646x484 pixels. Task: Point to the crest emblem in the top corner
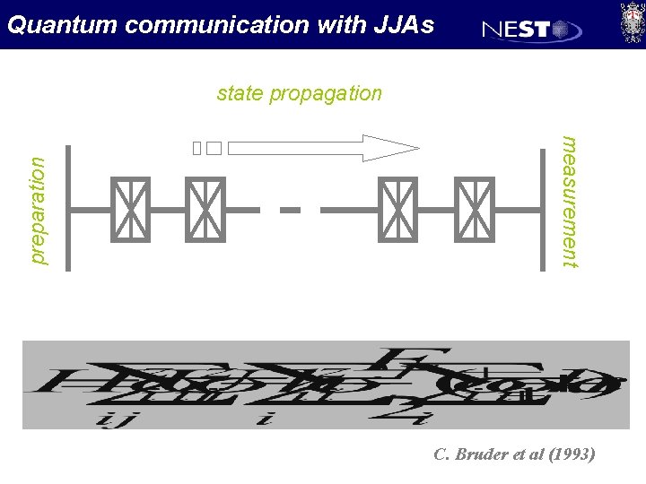(631, 22)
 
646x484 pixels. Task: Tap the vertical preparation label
(37, 210)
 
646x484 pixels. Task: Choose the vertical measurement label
(569, 201)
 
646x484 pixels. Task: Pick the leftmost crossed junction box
(130, 210)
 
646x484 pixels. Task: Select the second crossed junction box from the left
(205, 210)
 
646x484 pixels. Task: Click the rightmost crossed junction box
(475, 210)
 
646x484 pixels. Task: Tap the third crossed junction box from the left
(397, 210)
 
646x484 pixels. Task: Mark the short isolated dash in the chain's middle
(290, 210)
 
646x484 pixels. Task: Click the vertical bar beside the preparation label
(67, 206)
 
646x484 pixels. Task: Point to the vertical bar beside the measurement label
(542, 208)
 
